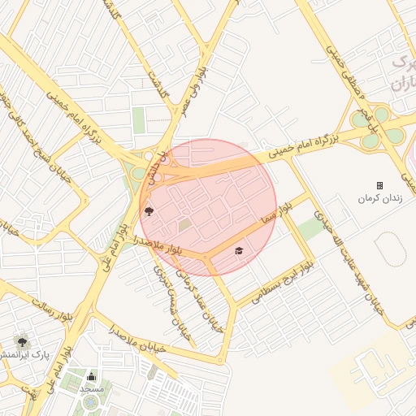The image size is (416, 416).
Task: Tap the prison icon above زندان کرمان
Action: (x=379, y=185)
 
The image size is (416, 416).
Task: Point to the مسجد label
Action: (x=92, y=388)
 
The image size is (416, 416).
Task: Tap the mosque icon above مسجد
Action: (x=91, y=377)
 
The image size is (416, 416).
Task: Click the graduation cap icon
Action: (x=238, y=250)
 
